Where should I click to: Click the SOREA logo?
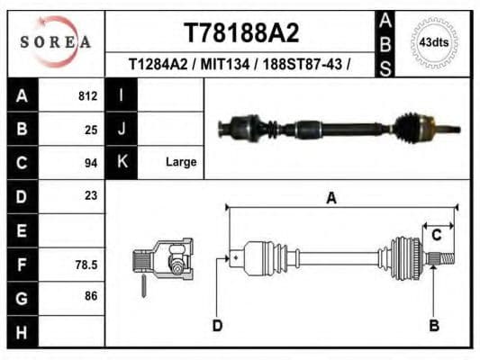[x=57, y=41]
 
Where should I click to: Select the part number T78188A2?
[x=240, y=33]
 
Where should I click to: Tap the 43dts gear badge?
[x=434, y=42]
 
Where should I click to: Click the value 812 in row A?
[x=87, y=96]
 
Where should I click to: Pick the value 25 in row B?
[x=90, y=129]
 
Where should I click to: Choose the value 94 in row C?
[x=90, y=162]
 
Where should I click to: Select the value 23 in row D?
[x=90, y=195]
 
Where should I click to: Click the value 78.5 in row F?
[x=86, y=265]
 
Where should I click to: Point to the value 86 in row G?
[x=90, y=296]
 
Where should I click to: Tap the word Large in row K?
[x=180, y=162]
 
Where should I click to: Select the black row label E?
[x=23, y=230]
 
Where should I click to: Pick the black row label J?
[x=121, y=129]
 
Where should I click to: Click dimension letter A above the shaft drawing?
[x=331, y=199]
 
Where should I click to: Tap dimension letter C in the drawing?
[x=436, y=235]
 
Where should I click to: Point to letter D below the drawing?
[x=217, y=325]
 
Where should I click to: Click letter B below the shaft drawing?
[x=433, y=325]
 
